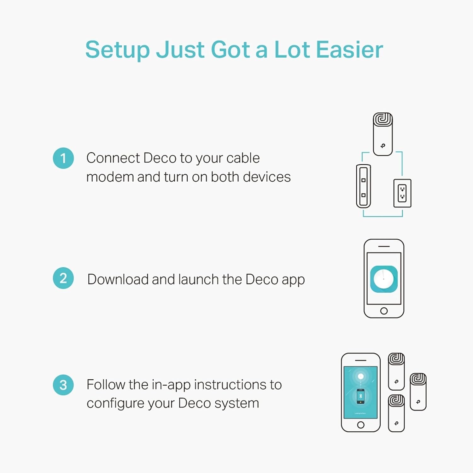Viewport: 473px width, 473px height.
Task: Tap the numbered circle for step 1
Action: pyautogui.click(x=63, y=158)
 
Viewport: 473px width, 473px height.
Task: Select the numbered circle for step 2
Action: pyautogui.click(x=63, y=278)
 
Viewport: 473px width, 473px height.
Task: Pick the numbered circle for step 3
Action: pyautogui.click(x=63, y=385)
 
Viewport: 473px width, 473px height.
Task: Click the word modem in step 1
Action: pyautogui.click(x=110, y=177)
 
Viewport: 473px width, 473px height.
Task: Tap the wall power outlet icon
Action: pyautogui.click(x=402, y=193)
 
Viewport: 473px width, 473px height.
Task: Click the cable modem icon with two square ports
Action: pyautogui.click(x=363, y=186)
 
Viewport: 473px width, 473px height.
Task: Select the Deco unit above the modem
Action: pyautogui.click(x=383, y=134)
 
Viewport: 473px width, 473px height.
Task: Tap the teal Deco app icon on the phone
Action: pyautogui.click(x=384, y=279)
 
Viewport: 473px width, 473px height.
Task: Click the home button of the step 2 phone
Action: pyautogui.click(x=384, y=311)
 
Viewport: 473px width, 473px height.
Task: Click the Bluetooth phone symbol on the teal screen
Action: pyautogui.click(x=361, y=396)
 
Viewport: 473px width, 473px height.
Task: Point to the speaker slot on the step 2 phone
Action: pyautogui.click(x=384, y=246)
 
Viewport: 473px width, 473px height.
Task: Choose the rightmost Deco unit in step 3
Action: pyautogui.click(x=418, y=392)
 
